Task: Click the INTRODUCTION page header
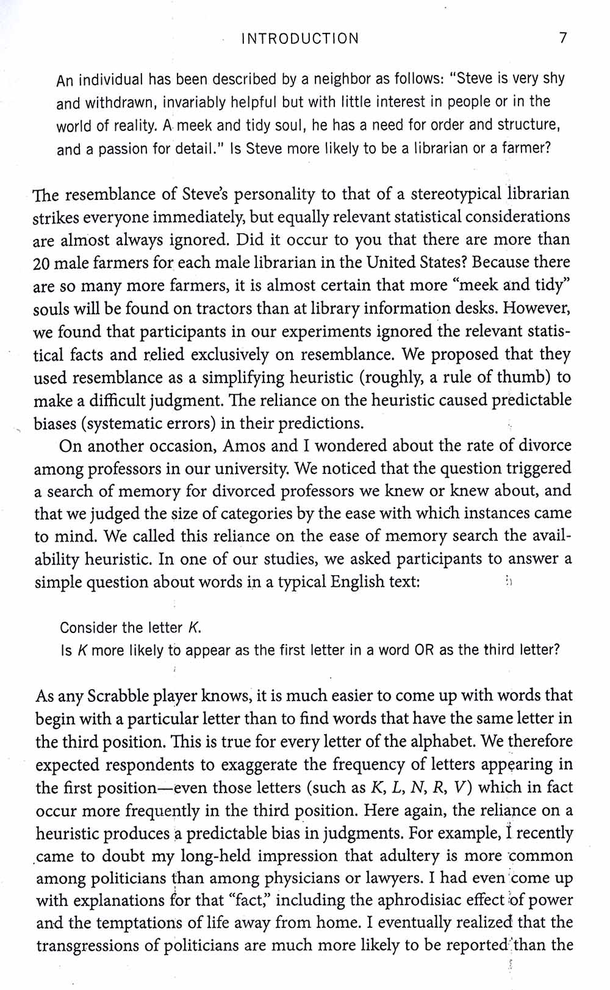click(x=300, y=39)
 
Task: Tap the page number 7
click(x=563, y=38)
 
